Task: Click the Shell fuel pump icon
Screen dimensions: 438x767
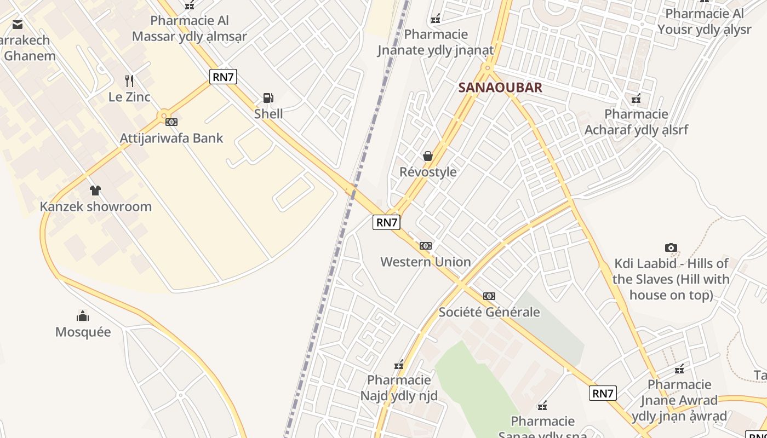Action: [x=268, y=98]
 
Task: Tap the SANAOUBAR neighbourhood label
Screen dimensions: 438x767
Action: [x=500, y=88]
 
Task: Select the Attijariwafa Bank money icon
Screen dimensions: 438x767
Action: [x=171, y=122]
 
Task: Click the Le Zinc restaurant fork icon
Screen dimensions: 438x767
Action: [x=129, y=81]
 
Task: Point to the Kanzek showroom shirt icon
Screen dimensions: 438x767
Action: [x=95, y=191]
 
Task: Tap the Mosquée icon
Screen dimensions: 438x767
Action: [x=83, y=316]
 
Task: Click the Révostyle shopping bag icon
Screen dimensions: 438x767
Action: [x=428, y=156]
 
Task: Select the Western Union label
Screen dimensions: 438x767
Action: [x=426, y=262]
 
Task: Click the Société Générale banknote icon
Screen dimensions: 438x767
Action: [x=489, y=296]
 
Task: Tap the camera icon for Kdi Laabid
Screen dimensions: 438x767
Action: [x=671, y=247]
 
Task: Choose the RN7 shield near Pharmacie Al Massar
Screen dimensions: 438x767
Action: [x=223, y=77]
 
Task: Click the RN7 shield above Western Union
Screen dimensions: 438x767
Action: [x=386, y=222]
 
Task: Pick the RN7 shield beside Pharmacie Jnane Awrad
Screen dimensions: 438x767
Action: [x=603, y=393]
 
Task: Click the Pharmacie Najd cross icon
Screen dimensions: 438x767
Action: [x=399, y=365]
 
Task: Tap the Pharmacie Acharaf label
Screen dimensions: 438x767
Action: [x=636, y=122]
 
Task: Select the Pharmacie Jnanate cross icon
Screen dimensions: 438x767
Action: [x=436, y=19]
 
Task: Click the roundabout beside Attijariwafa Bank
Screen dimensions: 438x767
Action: [x=163, y=116]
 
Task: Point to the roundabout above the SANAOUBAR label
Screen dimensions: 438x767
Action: [x=487, y=68]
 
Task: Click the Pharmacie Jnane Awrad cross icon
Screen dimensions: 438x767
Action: [x=679, y=369]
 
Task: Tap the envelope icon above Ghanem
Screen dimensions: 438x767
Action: [x=18, y=24]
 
